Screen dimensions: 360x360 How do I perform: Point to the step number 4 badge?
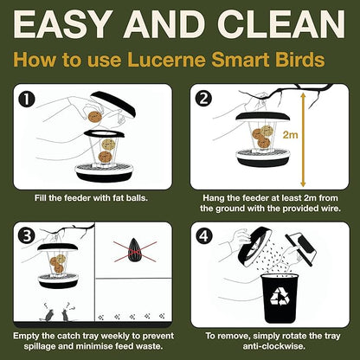[x=203, y=235]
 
